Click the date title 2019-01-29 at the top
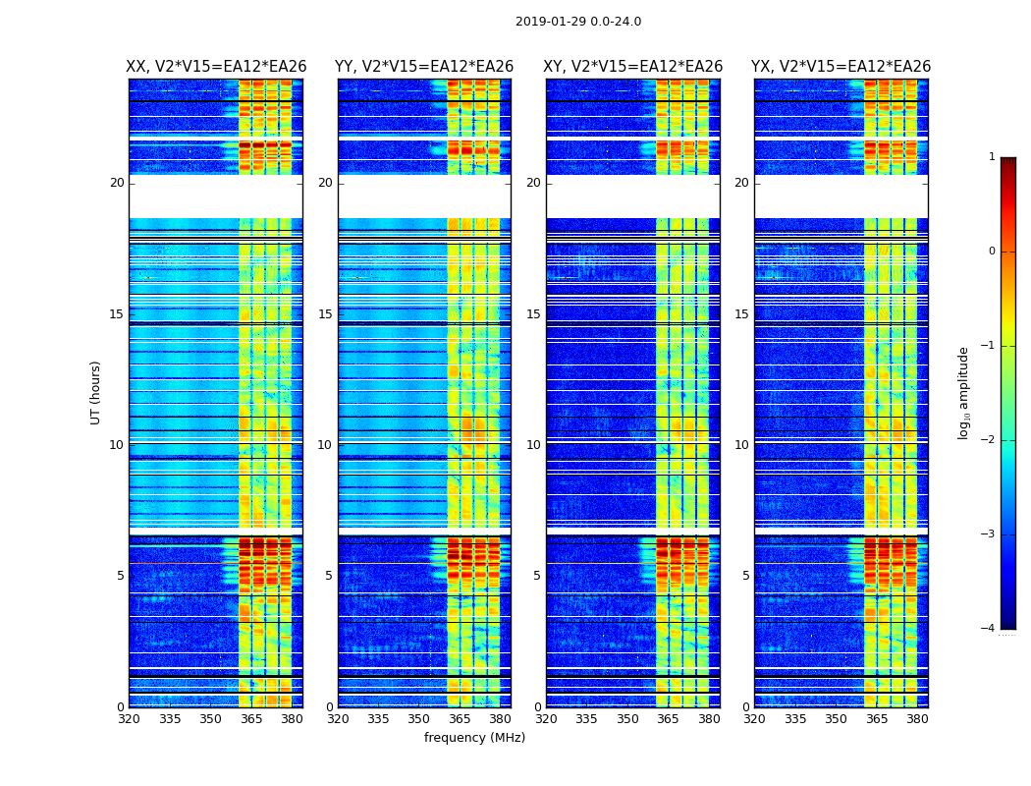click(578, 22)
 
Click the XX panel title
click(216, 67)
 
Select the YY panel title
click(424, 67)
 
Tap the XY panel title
click(633, 67)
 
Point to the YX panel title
click(841, 67)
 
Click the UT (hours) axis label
click(96, 392)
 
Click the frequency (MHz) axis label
click(474, 738)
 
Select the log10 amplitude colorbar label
click(964, 392)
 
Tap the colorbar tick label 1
click(992, 157)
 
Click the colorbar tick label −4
click(989, 629)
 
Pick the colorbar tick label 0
click(992, 252)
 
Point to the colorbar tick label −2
click(989, 440)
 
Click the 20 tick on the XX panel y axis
click(117, 183)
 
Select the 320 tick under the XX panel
click(129, 719)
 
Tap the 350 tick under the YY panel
click(419, 719)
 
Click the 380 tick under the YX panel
click(917, 719)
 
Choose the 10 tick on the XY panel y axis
click(533, 445)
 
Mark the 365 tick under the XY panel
click(668, 719)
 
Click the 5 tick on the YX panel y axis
click(745, 576)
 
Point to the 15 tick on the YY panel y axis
click(325, 314)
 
